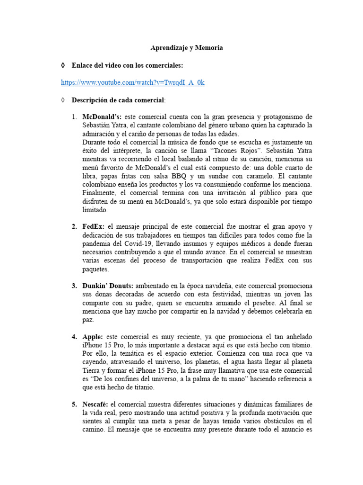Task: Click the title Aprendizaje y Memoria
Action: tap(186, 48)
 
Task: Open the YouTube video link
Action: tap(133, 82)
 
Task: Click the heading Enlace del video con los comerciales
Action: tap(127, 65)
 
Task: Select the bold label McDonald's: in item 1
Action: tap(102, 117)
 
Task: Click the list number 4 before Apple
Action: tap(74, 337)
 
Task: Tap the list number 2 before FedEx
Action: tap(74, 226)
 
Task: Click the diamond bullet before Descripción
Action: tap(63, 100)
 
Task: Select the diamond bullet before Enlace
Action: tap(63, 65)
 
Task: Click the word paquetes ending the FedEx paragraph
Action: tap(96, 269)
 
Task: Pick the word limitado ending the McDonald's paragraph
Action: tap(95, 210)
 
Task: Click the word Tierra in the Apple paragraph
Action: tap(91, 370)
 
